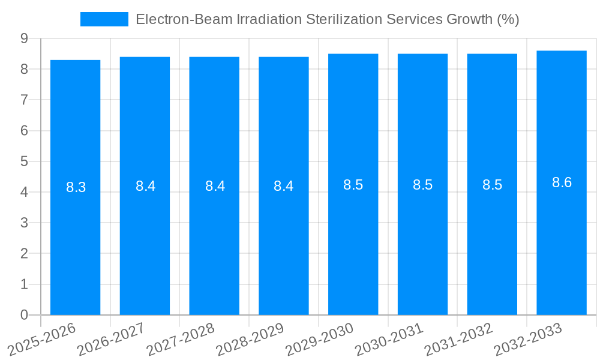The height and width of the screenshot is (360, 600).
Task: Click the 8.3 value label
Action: pyautogui.click(x=76, y=187)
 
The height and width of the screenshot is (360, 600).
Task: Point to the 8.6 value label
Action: pyautogui.click(x=562, y=182)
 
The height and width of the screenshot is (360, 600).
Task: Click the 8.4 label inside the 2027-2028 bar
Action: pyautogui.click(x=215, y=186)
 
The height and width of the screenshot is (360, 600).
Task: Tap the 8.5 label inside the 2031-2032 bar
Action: pyautogui.click(x=492, y=185)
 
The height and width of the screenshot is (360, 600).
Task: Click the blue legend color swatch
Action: pyautogui.click(x=104, y=19)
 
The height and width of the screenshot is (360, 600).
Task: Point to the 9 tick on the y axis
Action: pyautogui.click(x=24, y=38)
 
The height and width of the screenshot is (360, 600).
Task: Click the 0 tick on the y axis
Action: pyautogui.click(x=24, y=314)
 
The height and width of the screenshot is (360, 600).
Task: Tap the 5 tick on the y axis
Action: pyautogui.click(x=24, y=161)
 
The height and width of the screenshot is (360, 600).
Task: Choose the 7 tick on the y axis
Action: pyautogui.click(x=24, y=100)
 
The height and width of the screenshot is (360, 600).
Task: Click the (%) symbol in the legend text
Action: pyautogui.click(x=508, y=19)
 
